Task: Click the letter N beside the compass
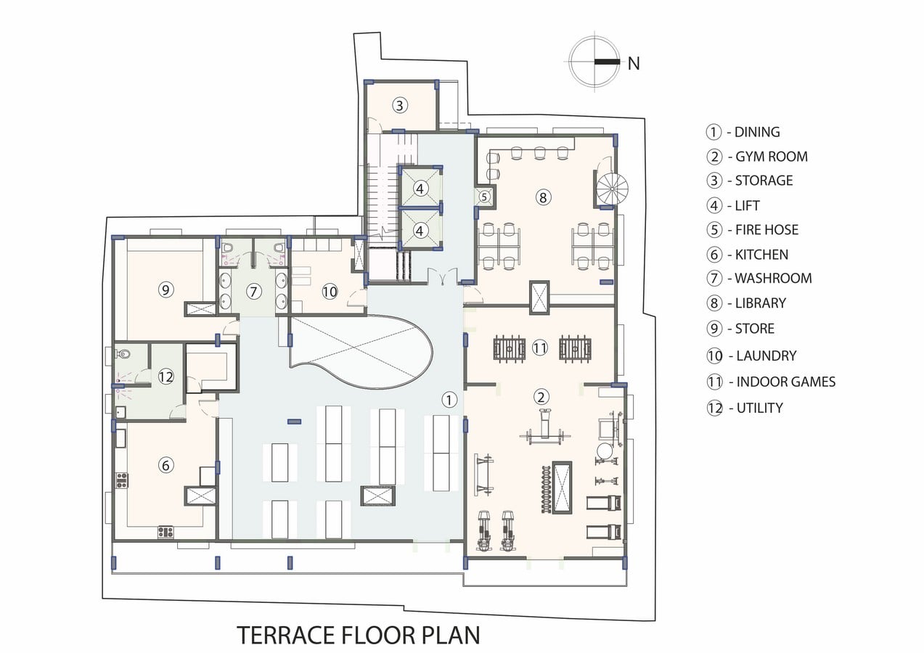coord(634,64)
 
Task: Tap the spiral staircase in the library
coord(612,189)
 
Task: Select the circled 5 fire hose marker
coord(484,197)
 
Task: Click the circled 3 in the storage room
coord(399,105)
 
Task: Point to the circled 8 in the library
coord(543,197)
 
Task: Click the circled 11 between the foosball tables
coord(539,348)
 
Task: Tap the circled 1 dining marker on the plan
coord(449,400)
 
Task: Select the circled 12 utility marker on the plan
coord(165,377)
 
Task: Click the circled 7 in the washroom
coord(254,292)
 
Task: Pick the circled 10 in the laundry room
coord(330,292)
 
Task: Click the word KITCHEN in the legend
coord(761,255)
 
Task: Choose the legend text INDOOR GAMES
coord(786,382)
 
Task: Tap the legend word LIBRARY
coord(761,303)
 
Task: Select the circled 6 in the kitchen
coord(165,465)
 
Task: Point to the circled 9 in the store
coord(165,289)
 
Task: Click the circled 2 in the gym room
coord(541,397)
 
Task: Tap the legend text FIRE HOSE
coord(766,229)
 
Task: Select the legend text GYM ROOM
coord(772,157)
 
